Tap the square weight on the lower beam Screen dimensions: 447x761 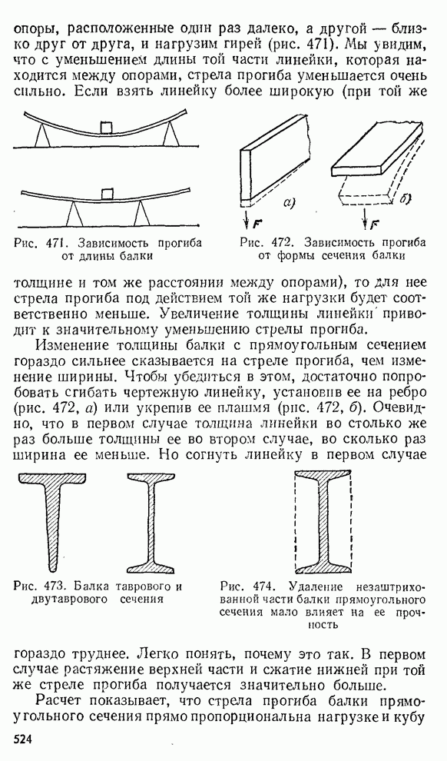pyautogui.click(x=108, y=193)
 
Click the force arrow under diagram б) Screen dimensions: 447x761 pyautogui.click(x=365, y=218)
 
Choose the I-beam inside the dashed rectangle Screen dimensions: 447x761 pyautogui.click(x=323, y=522)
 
